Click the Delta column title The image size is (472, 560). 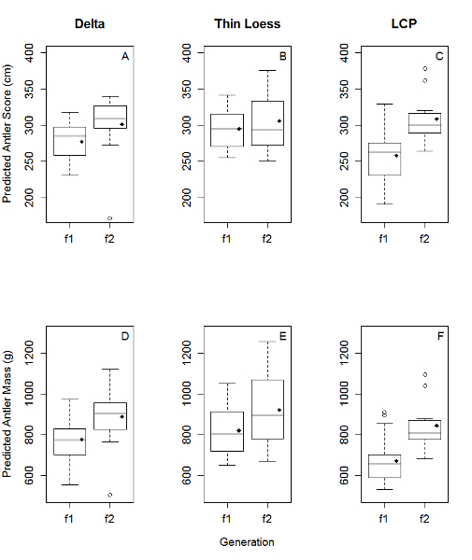click(x=90, y=24)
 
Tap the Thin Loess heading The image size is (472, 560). click(x=247, y=24)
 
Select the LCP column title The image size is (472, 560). click(x=404, y=24)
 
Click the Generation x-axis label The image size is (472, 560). click(x=247, y=542)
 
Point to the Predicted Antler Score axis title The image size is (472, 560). click(x=7, y=133)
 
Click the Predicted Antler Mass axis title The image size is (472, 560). click(x=7, y=414)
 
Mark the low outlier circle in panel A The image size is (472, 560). click(x=109, y=218)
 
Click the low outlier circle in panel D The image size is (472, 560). click(x=109, y=495)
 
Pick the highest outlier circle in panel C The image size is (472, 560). click(x=424, y=68)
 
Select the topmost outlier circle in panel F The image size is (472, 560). click(x=424, y=374)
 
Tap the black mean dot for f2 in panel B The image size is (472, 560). click(x=279, y=121)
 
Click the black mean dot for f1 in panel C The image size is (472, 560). click(x=396, y=156)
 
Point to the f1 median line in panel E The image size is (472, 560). click(x=227, y=434)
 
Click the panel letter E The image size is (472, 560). click(x=283, y=336)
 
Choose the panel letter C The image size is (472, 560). click(x=439, y=56)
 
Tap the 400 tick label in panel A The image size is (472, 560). click(x=30, y=53)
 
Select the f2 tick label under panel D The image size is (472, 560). click(x=109, y=519)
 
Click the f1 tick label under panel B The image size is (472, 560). click(x=226, y=239)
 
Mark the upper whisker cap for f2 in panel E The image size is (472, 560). click(x=267, y=342)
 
